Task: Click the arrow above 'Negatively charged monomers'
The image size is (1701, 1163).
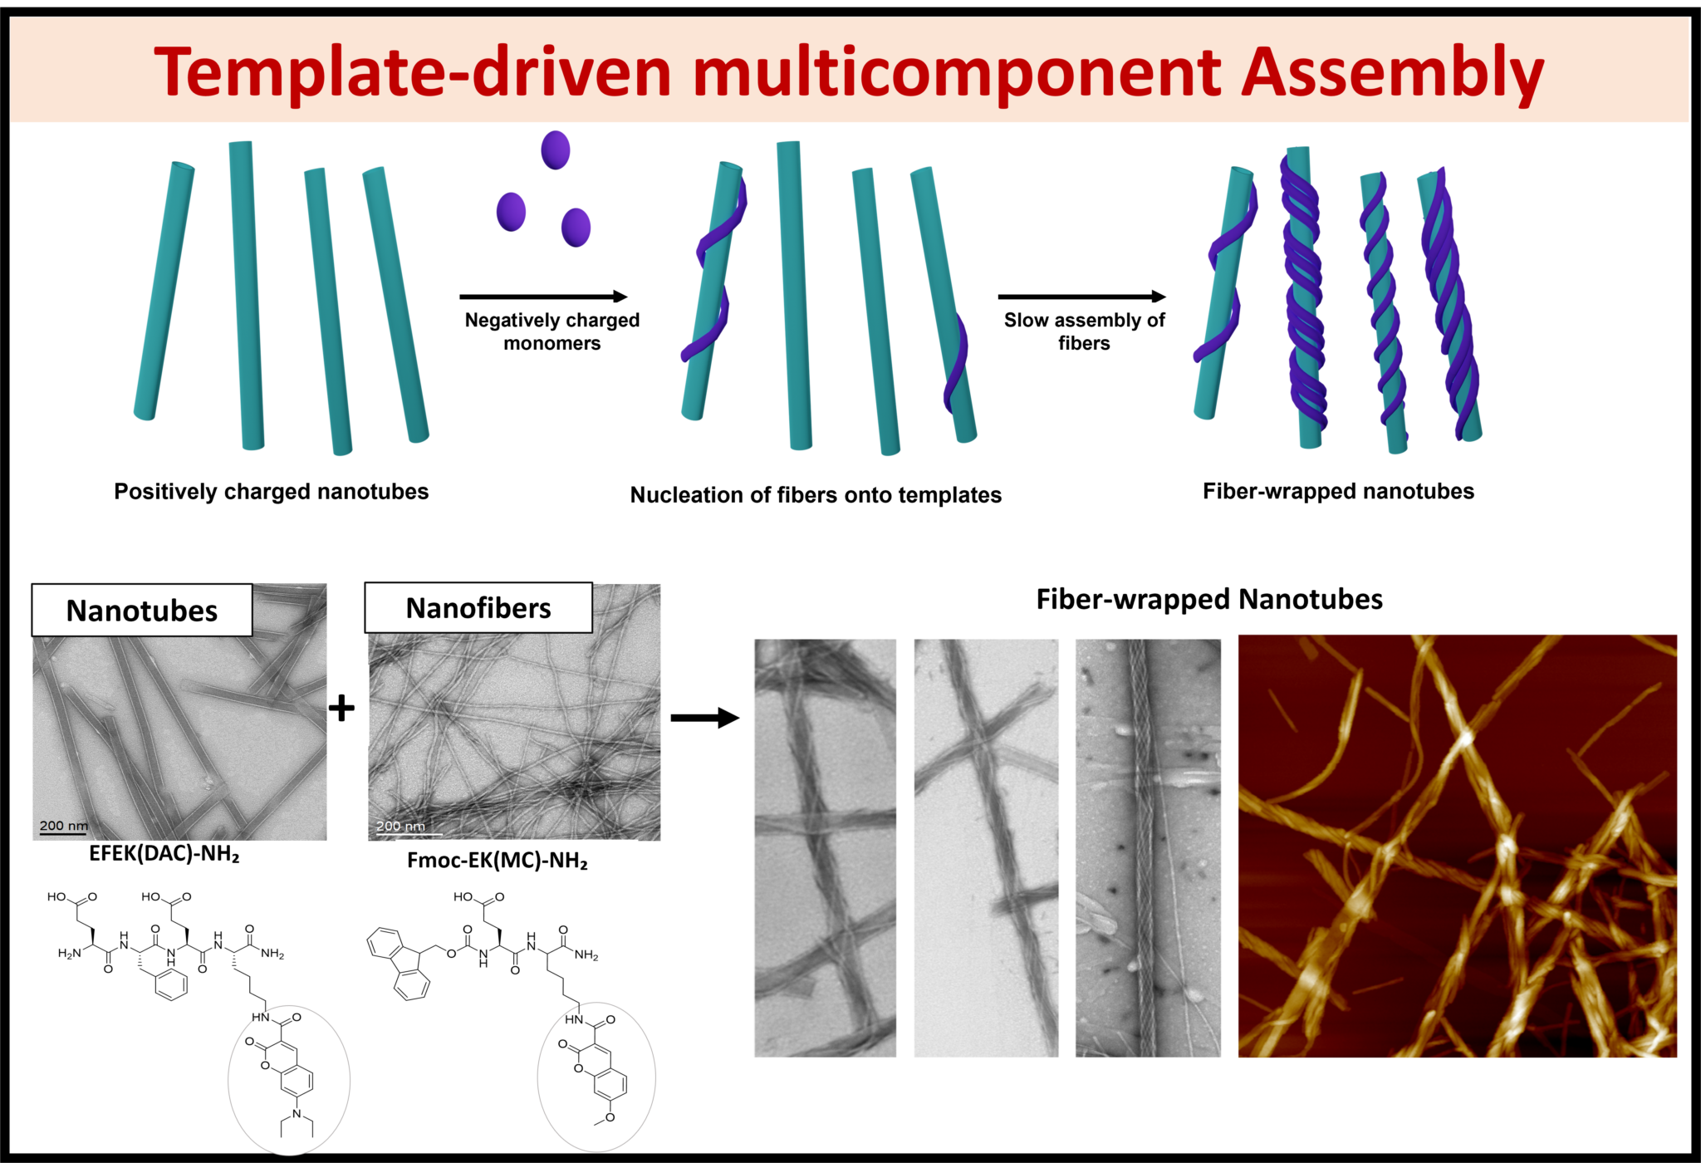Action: tap(544, 297)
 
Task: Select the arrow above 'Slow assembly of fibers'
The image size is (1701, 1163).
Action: tap(1082, 297)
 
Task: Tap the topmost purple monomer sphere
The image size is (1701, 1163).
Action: tap(556, 150)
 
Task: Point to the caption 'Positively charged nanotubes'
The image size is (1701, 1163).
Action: tap(271, 492)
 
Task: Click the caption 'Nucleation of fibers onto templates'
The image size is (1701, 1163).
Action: tap(816, 495)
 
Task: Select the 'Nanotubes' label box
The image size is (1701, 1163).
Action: tap(142, 611)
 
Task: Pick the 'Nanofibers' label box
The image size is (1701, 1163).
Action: tap(478, 608)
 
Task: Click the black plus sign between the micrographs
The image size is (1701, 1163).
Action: tap(341, 708)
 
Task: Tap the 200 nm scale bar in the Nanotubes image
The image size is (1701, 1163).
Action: tap(64, 833)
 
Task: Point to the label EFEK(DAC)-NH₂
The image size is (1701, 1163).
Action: tap(164, 855)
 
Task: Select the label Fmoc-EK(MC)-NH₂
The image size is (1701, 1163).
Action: tap(498, 861)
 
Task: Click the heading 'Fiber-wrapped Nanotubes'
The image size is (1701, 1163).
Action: tap(1209, 599)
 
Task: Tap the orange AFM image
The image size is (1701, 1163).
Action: tap(1458, 846)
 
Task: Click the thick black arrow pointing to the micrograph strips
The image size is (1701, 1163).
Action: tap(705, 718)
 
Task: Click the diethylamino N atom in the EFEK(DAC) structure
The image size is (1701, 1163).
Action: tap(297, 1113)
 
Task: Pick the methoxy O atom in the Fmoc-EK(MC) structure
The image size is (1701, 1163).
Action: tap(610, 1117)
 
